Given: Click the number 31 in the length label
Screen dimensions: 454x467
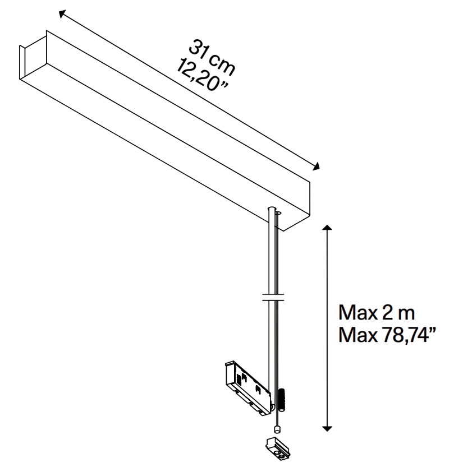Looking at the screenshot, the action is point(199,49).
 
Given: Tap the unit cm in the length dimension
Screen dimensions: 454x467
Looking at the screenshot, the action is point(222,64).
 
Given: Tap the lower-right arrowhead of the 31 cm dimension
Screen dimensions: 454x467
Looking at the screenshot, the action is point(317,167).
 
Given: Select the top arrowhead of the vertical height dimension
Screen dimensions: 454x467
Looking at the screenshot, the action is point(327,228).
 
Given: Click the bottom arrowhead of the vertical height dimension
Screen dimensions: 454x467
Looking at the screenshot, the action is point(327,429).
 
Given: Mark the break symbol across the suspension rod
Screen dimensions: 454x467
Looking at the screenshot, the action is point(273,297).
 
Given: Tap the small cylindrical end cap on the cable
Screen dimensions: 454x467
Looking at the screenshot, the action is point(277,429).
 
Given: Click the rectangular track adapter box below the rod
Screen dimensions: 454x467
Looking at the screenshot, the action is point(248,388).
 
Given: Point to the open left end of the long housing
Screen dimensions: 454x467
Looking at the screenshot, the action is point(33,57).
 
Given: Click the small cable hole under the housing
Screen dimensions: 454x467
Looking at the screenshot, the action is point(278,213).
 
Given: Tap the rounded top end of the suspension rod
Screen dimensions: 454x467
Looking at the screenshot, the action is point(272,208).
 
